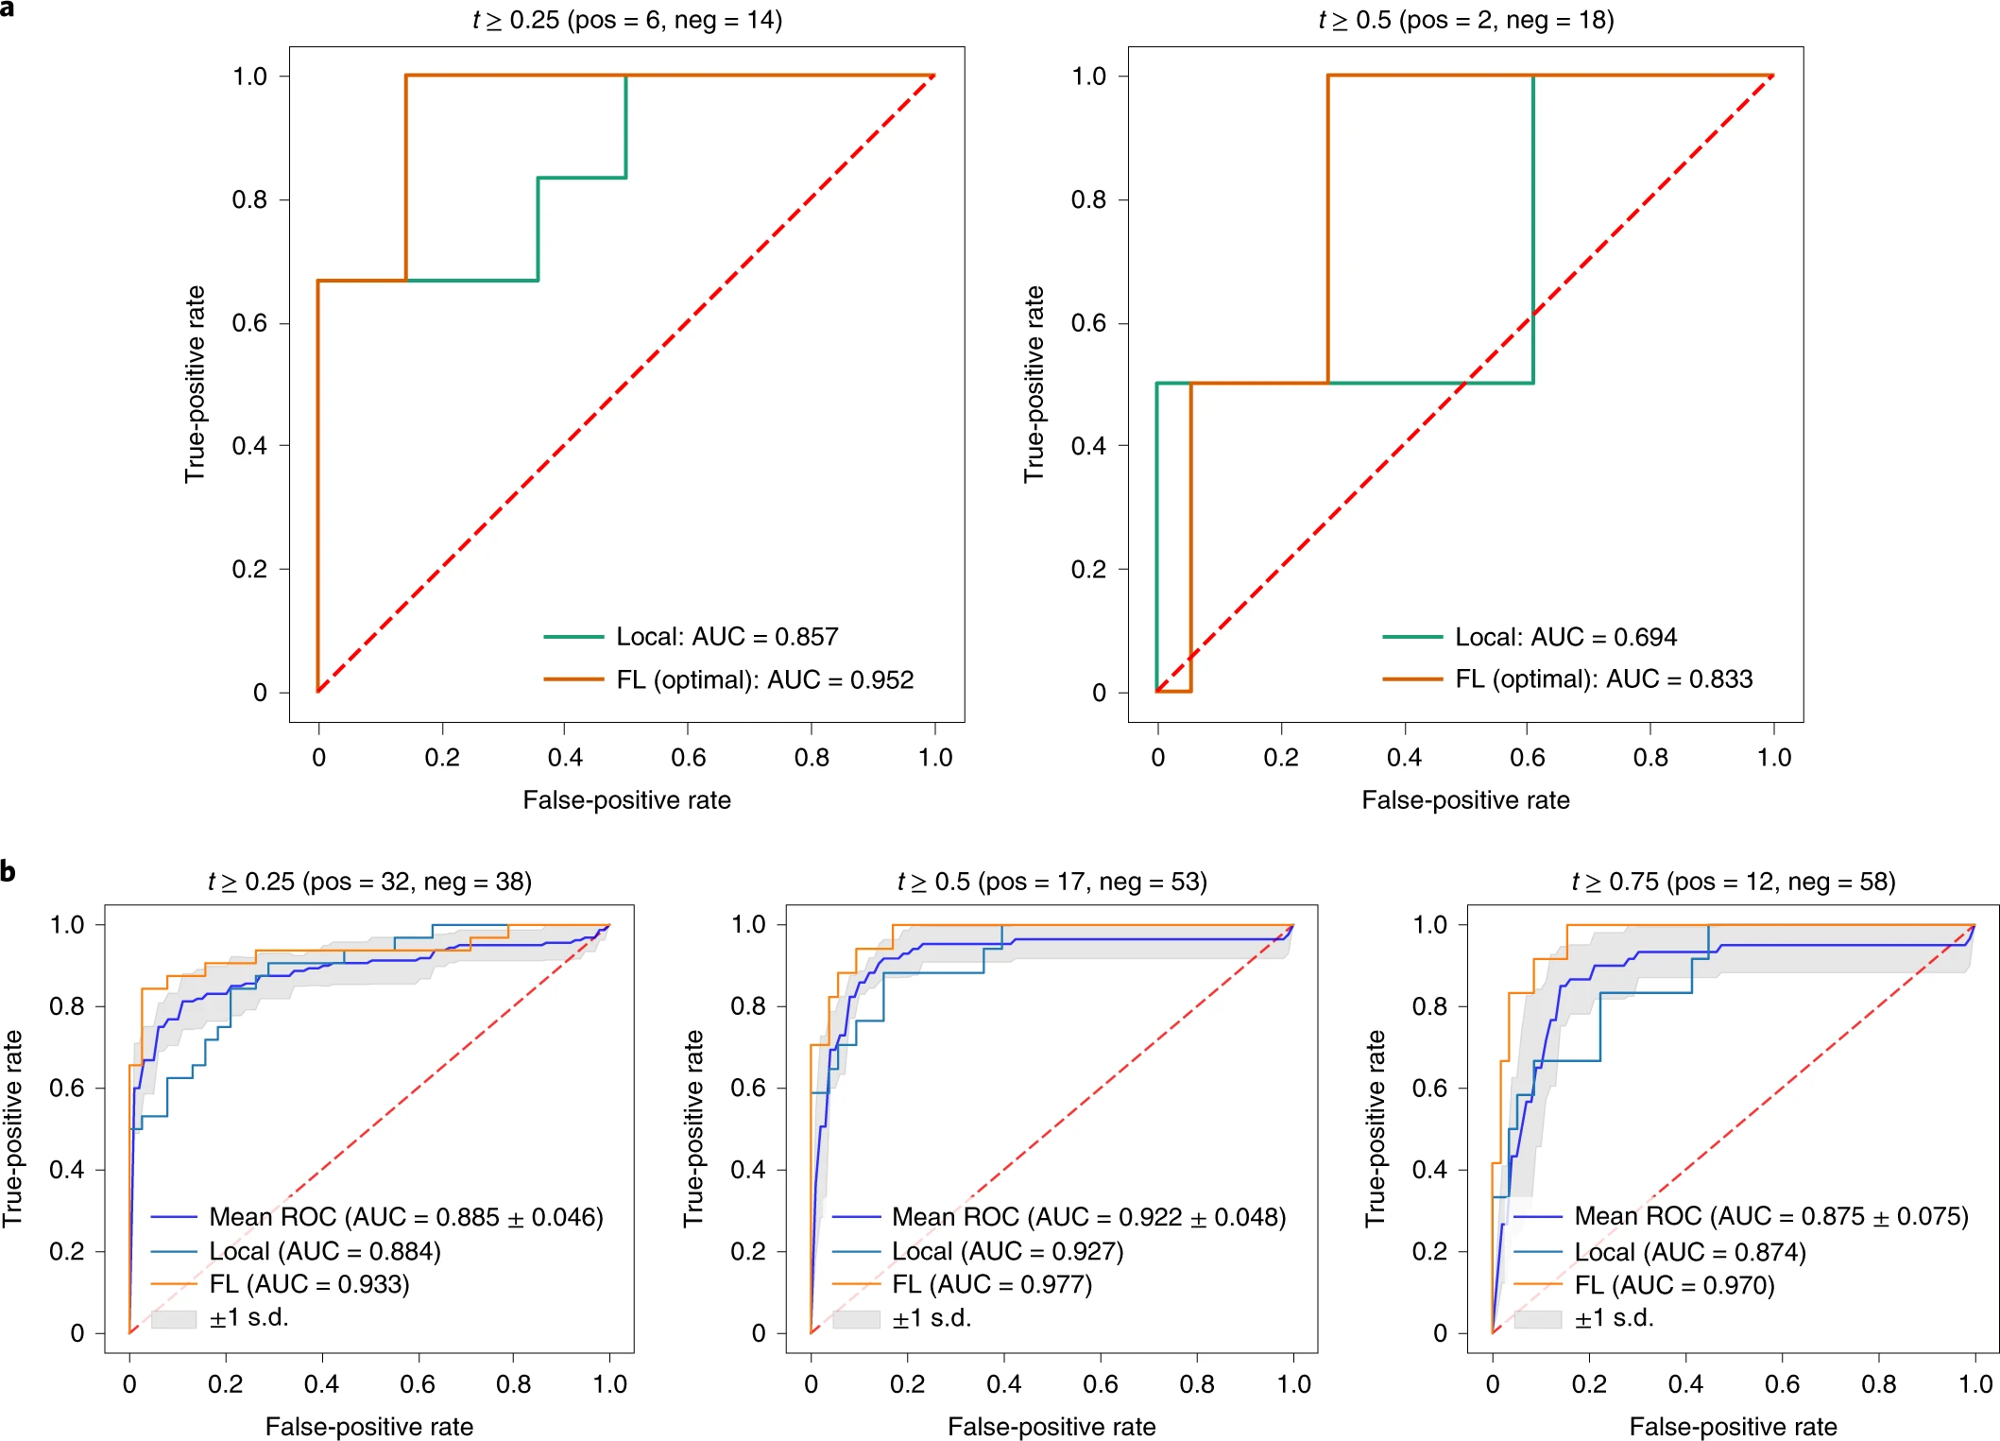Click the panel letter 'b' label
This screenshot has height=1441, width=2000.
click(x=9, y=870)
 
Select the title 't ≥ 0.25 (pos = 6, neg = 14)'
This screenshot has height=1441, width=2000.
click(x=627, y=20)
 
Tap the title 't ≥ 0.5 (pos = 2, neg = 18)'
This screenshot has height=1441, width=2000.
click(x=1465, y=20)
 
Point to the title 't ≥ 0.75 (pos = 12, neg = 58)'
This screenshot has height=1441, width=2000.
click(x=1733, y=882)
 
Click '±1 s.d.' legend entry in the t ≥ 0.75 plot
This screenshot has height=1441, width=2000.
click(x=1614, y=1318)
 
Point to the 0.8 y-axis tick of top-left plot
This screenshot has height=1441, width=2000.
click(x=250, y=199)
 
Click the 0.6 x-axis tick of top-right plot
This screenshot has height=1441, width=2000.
click(x=1528, y=757)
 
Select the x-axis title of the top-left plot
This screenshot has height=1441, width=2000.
click(x=626, y=800)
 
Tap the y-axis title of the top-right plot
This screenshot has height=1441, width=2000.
click(x=1034, y=384)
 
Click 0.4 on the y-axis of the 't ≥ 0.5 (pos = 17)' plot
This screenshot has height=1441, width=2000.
click(x=748, y=1170)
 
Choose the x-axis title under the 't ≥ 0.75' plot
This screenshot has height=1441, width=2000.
click(x=1733, y=1426)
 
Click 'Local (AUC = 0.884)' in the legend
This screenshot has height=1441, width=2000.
click(x=324, y=1251)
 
